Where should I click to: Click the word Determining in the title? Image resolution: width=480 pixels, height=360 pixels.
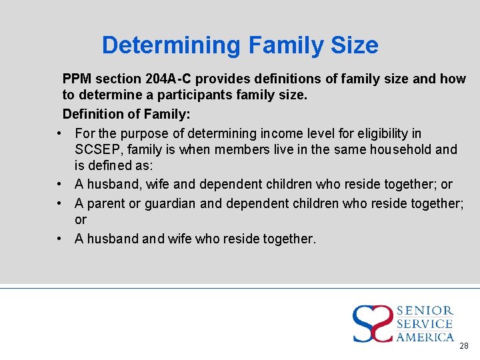click(171, 45)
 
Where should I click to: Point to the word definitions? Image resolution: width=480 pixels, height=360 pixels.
click(290, 79)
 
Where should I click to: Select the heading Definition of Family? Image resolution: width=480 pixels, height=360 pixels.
click(126, 114)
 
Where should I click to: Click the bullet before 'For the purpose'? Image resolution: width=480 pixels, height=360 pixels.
click(60, 133)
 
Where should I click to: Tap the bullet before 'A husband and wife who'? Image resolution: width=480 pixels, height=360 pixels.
click(60, 238)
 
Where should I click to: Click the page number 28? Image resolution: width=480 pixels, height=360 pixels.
click(464, 346)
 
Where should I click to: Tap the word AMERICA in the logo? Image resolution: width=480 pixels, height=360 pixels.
click(425, 337)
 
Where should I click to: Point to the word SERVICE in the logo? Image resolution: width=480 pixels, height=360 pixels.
click(425, 324)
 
